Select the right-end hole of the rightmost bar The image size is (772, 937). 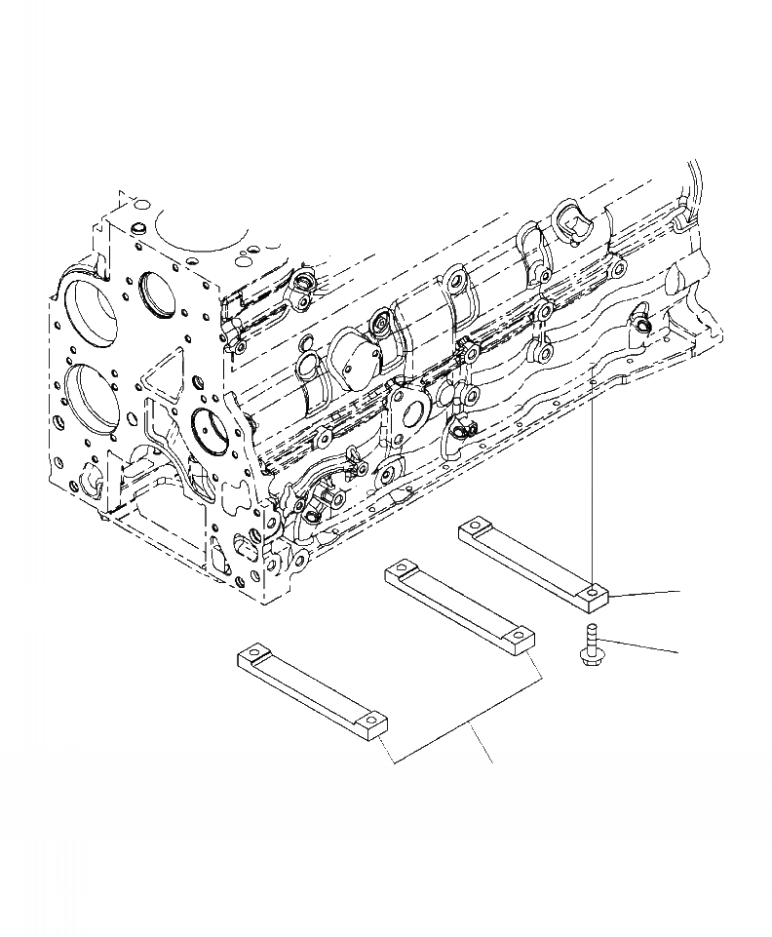593,591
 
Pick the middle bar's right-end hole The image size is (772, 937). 521,639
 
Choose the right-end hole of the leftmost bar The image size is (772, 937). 371,721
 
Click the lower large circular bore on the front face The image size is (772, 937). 98,400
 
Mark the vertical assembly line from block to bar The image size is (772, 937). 594,478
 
